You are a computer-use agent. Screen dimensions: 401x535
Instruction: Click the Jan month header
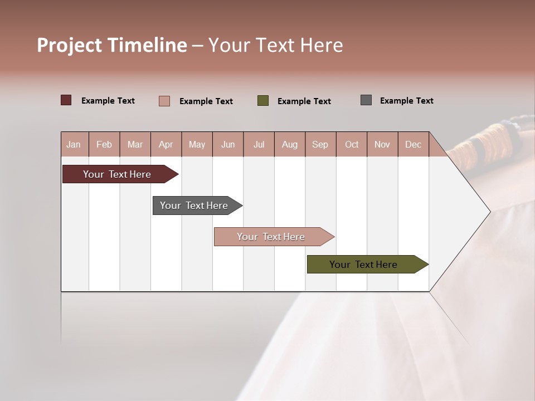[x=74, y=144]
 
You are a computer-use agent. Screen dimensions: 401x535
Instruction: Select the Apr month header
[x=166, y=144]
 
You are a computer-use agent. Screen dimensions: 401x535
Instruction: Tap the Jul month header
[x=259, y=144]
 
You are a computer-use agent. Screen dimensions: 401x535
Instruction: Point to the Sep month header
[x=320, y=144]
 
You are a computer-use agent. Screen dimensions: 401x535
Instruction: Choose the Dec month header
[x=413, y=144]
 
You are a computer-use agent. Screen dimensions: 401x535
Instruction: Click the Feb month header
[x=104, y=144]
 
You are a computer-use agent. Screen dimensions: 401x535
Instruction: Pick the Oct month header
[x=352, y=144]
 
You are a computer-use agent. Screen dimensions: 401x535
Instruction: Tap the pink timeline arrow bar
[x=271, y=237]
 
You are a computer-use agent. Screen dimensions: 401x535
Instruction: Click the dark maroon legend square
[x=66, y=100]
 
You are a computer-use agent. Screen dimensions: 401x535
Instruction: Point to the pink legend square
[x=164, y=101]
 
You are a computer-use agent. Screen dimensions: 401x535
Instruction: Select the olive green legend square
[x=263, y=100]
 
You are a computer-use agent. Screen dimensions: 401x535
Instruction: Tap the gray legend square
[x=366, y=100]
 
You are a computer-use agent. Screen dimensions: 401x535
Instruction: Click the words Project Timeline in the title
[x=112, y=45]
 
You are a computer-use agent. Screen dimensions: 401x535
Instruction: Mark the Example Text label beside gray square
[x=406, y=101]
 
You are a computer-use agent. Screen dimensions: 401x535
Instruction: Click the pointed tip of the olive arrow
[x=427, y=265]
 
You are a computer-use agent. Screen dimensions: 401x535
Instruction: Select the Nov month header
[x=382, y=144]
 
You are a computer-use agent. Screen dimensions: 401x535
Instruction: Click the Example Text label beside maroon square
[x=108, y=101]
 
